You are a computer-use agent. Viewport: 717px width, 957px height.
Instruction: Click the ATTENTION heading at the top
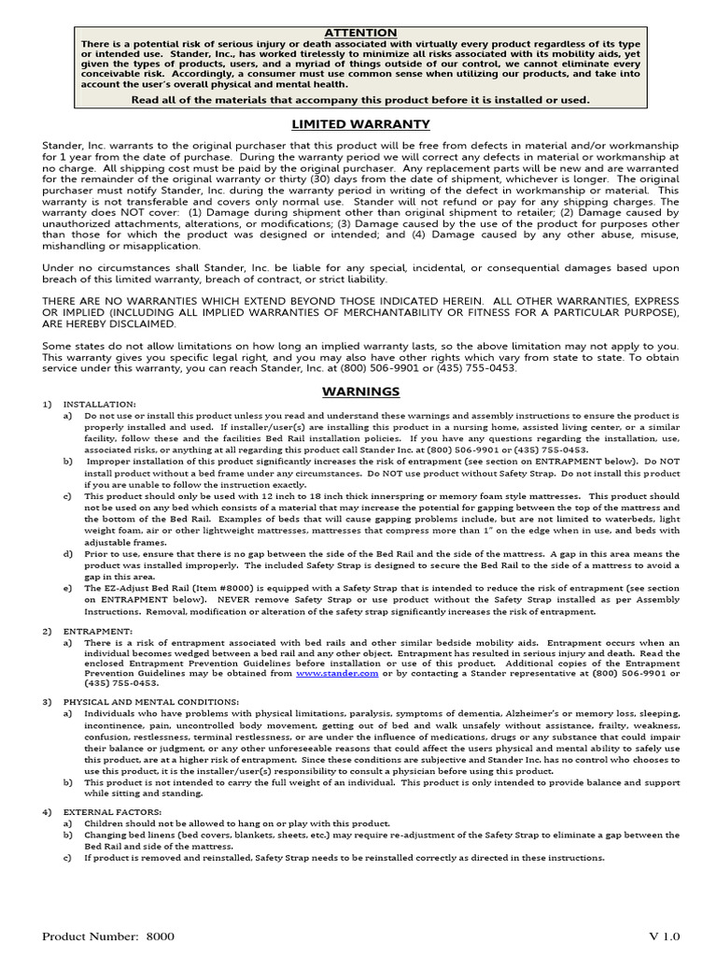[359, 33]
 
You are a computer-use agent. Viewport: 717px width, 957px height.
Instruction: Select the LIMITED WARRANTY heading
[360, 123]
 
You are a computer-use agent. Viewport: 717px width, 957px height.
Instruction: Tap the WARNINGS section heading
[360, 391]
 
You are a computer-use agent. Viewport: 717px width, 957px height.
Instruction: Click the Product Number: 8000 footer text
[108, 936]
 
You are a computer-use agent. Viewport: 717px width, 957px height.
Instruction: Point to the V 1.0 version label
[666, 936]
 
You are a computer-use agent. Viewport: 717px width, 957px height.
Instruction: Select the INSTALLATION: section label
[100, 404]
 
